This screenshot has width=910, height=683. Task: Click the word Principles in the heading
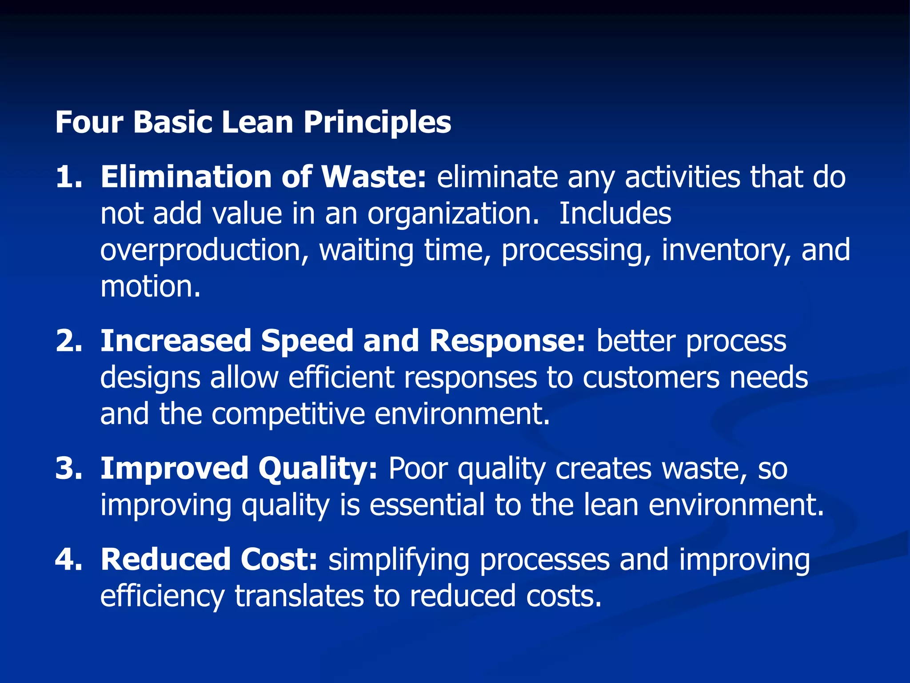pos(377,122)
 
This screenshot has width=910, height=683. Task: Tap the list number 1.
pos(69,177)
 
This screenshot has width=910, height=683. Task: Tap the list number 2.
pos(69,341)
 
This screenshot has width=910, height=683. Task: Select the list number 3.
pos(69,469)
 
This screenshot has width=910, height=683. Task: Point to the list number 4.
pos(69,559)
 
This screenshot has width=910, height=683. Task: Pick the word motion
pos(150,287)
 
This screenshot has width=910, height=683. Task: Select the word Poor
pos(418,469)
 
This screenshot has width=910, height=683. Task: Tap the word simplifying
pos(399,560)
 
